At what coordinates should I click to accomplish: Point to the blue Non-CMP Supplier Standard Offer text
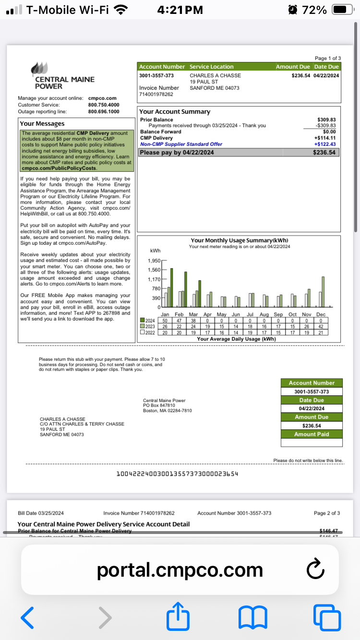(x=181, y=144)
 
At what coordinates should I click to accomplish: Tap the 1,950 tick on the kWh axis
(x=154, y=261)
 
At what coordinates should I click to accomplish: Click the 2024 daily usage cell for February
(x=179, y=320)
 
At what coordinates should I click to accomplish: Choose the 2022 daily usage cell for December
(x=321, y=332)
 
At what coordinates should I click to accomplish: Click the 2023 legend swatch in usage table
(x=142, y=326)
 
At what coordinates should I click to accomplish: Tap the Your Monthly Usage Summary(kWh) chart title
(x=239, y=240)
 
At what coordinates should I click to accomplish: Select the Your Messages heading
(x=42, y=124)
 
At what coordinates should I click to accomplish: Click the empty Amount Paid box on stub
(x=312, y=443)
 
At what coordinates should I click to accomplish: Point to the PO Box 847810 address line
(x=159, y=405)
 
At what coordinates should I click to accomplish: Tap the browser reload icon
(x=315, y=570)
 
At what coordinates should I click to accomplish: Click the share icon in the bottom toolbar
(x=178, y=617)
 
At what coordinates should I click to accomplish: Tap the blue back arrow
(x=28, y=617)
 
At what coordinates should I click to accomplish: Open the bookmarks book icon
(x=253, y=617)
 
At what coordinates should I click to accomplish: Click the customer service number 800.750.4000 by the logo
(x=104, y=105)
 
